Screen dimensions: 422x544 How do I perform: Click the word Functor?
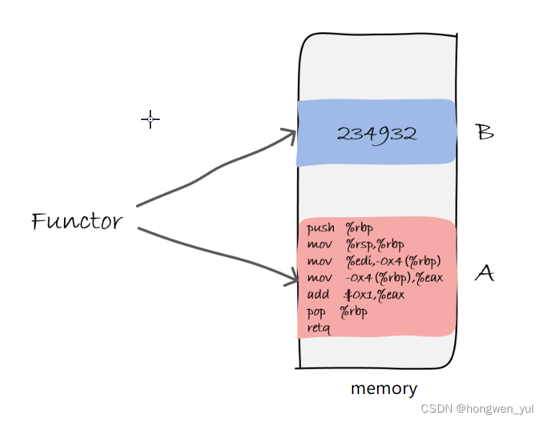point(78,221)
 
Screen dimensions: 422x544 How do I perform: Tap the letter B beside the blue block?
point(485,133)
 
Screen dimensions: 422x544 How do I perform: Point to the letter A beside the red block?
point(485,273)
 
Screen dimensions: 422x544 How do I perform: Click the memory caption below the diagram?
point(384,389)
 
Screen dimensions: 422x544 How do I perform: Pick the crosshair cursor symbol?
point(150,119)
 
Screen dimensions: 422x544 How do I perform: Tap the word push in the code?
point(320,229)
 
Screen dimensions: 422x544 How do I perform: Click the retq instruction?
point(318,329)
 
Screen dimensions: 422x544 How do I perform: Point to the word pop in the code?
point(316,313)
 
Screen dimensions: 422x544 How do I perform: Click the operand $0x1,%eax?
point(375,295)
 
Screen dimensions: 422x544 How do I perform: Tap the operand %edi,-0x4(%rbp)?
point(392,261)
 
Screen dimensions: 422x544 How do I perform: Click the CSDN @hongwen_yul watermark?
point(479,408)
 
